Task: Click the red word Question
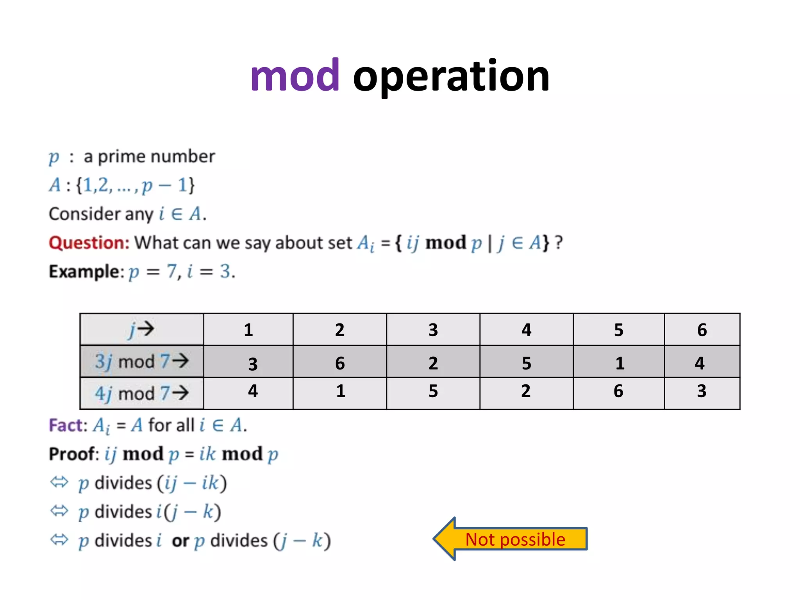(x=89, y=243)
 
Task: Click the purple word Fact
(x=67, y=425)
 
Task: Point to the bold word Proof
(x=73, y=454)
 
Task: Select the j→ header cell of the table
(x=141, y=330)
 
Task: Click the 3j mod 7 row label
(x=141, y=361)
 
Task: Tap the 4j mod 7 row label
(x=141, y=393)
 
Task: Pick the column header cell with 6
(x=702, y=330)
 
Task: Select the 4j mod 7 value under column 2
(x=340, y=391)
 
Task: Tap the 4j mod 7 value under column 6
(x=702, y=391)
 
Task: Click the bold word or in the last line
(x=180, y=541)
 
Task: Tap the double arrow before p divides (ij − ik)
(x=59, y=482)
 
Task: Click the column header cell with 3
(x=433, y=330)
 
